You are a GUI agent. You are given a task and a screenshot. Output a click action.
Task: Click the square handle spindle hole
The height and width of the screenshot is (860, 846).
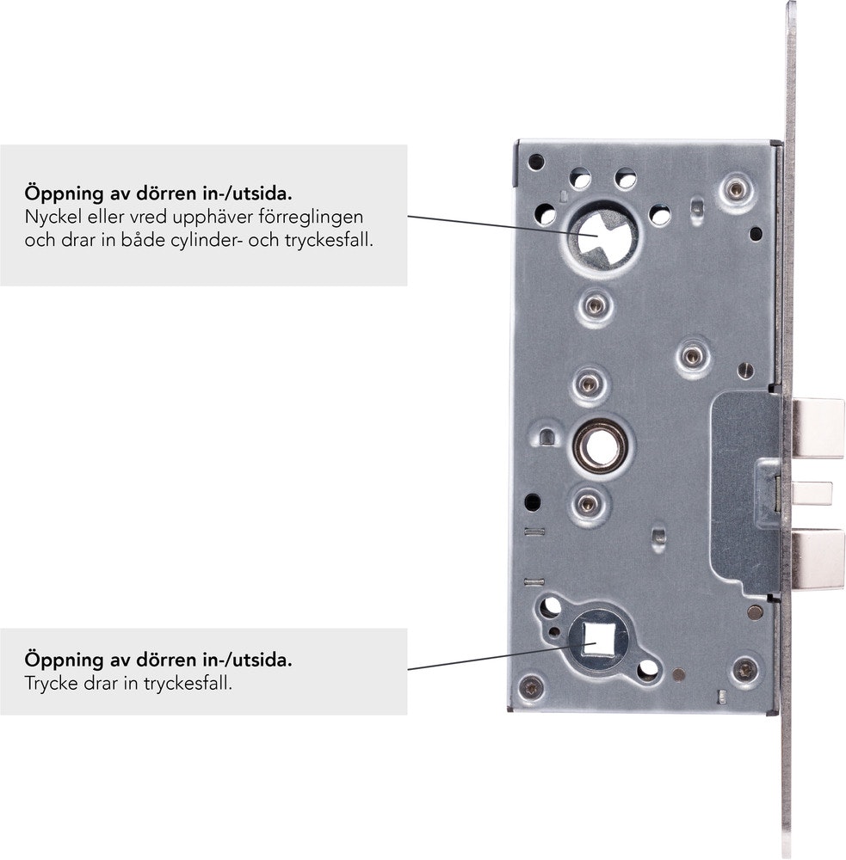click(x=597, y=640)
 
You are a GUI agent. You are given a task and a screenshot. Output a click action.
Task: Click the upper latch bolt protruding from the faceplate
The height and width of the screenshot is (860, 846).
click(x=818, y=428)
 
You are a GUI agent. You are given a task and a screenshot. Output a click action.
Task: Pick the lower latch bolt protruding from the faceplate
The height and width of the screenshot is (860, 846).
click(x=818, y=560)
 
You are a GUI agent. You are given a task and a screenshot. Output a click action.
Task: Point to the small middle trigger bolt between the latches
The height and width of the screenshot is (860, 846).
click(x=812, y=493)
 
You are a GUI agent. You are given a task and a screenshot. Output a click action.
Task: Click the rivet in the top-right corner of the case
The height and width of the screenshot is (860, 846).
click(x=736, y=189)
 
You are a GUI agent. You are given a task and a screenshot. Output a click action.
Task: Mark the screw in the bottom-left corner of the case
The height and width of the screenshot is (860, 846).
click(x=531, y=688)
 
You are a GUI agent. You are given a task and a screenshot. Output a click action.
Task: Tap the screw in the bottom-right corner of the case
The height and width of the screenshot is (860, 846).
click(x=745, y=670)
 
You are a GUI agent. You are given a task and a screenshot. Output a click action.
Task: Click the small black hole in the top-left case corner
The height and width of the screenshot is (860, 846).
click(x=535, y=162)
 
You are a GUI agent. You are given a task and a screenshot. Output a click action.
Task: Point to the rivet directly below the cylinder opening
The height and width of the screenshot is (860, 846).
click(x=595, y=305)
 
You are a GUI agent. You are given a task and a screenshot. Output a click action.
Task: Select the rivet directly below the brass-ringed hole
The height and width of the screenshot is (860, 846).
click(x=588, y=503)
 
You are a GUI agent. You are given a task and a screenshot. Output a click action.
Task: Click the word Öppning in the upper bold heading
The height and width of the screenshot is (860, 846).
click(x=64, y=193)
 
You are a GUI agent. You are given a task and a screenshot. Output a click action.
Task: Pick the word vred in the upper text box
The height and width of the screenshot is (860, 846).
click(x=147, y=218)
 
